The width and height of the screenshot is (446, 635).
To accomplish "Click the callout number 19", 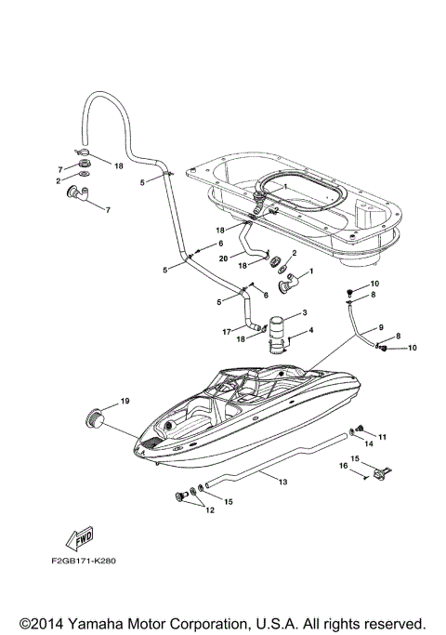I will (125, 402).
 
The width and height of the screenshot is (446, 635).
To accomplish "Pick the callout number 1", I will (310, 271).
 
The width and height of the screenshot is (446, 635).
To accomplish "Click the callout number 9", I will (380, 327).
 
